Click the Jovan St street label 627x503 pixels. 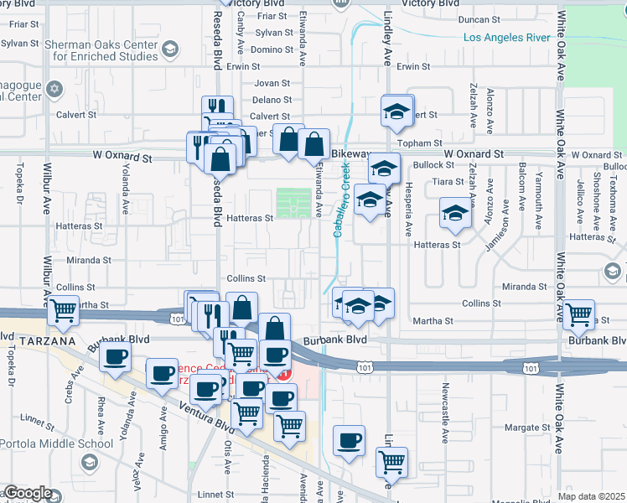[272, 83]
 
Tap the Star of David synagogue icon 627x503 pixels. [55, 88]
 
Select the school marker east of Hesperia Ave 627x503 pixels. [455, 213]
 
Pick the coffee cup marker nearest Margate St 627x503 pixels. [349, 439]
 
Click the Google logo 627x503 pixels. [27, 494]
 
